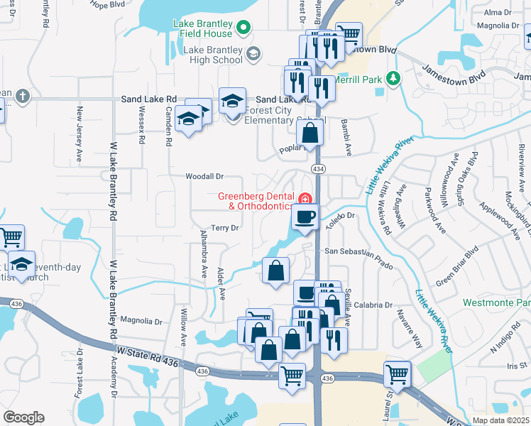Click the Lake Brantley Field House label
203,28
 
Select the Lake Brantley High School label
213,55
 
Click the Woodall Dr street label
204,176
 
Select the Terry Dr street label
224,228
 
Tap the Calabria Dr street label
373,305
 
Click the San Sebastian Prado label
358,258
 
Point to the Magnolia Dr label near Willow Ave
141,320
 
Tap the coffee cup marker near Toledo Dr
305,218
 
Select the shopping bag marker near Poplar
310,133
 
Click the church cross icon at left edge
22,95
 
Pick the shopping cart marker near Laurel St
397,374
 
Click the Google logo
23,417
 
